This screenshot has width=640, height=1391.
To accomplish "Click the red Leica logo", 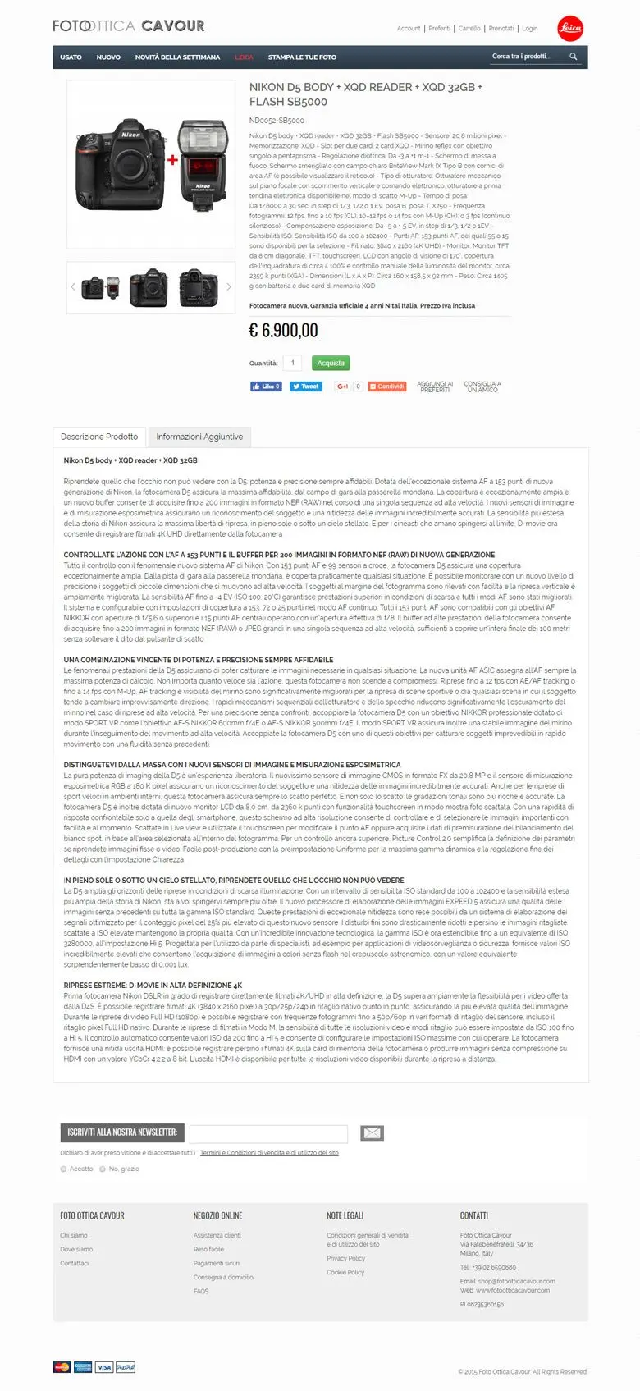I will pyautogui.click(x=569, y=28).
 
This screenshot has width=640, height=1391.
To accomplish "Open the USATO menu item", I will pyautogui.click(x=71, y=57).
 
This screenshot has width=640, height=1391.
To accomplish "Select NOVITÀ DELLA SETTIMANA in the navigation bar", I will pyautogui.click(x=177, y=57).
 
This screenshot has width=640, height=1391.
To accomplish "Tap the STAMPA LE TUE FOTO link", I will pyautogui.click(x=302, y=57).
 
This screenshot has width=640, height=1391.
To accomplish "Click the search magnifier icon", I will pyautogui.click(x=574, y=57).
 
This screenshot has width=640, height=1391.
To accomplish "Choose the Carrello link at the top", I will pyautogui.click(x=469, y=29).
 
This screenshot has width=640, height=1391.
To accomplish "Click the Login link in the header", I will pyautogui.click(x=530, y=29).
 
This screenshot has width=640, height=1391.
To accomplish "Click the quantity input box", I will pyautogui.click(x=292, y=363).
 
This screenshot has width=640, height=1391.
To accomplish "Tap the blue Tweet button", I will pyautogui.click(x=306, y=387).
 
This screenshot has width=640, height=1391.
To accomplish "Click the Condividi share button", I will pyautogui.click(x=386, y=387).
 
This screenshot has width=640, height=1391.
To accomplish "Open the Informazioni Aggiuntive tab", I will pyautogui.click(x=199, y=437).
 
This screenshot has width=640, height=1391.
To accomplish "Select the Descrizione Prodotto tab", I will pyautogui.click(x=99, y=437).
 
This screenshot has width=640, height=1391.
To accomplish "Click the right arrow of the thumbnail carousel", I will pyautogui.click(x=229, y=287).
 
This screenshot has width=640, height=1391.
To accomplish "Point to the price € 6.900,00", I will pyautogui.click(x=283, y=331).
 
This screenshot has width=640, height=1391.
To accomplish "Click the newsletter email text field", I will pyautogui.click(x=268, y=1133).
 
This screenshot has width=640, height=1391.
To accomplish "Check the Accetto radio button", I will pyautogui.click(x=63, y=1169).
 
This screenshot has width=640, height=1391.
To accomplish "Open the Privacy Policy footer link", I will pyautogui.click(x=345, y=1258).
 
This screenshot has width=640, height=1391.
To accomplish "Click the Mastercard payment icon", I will pyautogui.click(x=62, y=1367).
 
